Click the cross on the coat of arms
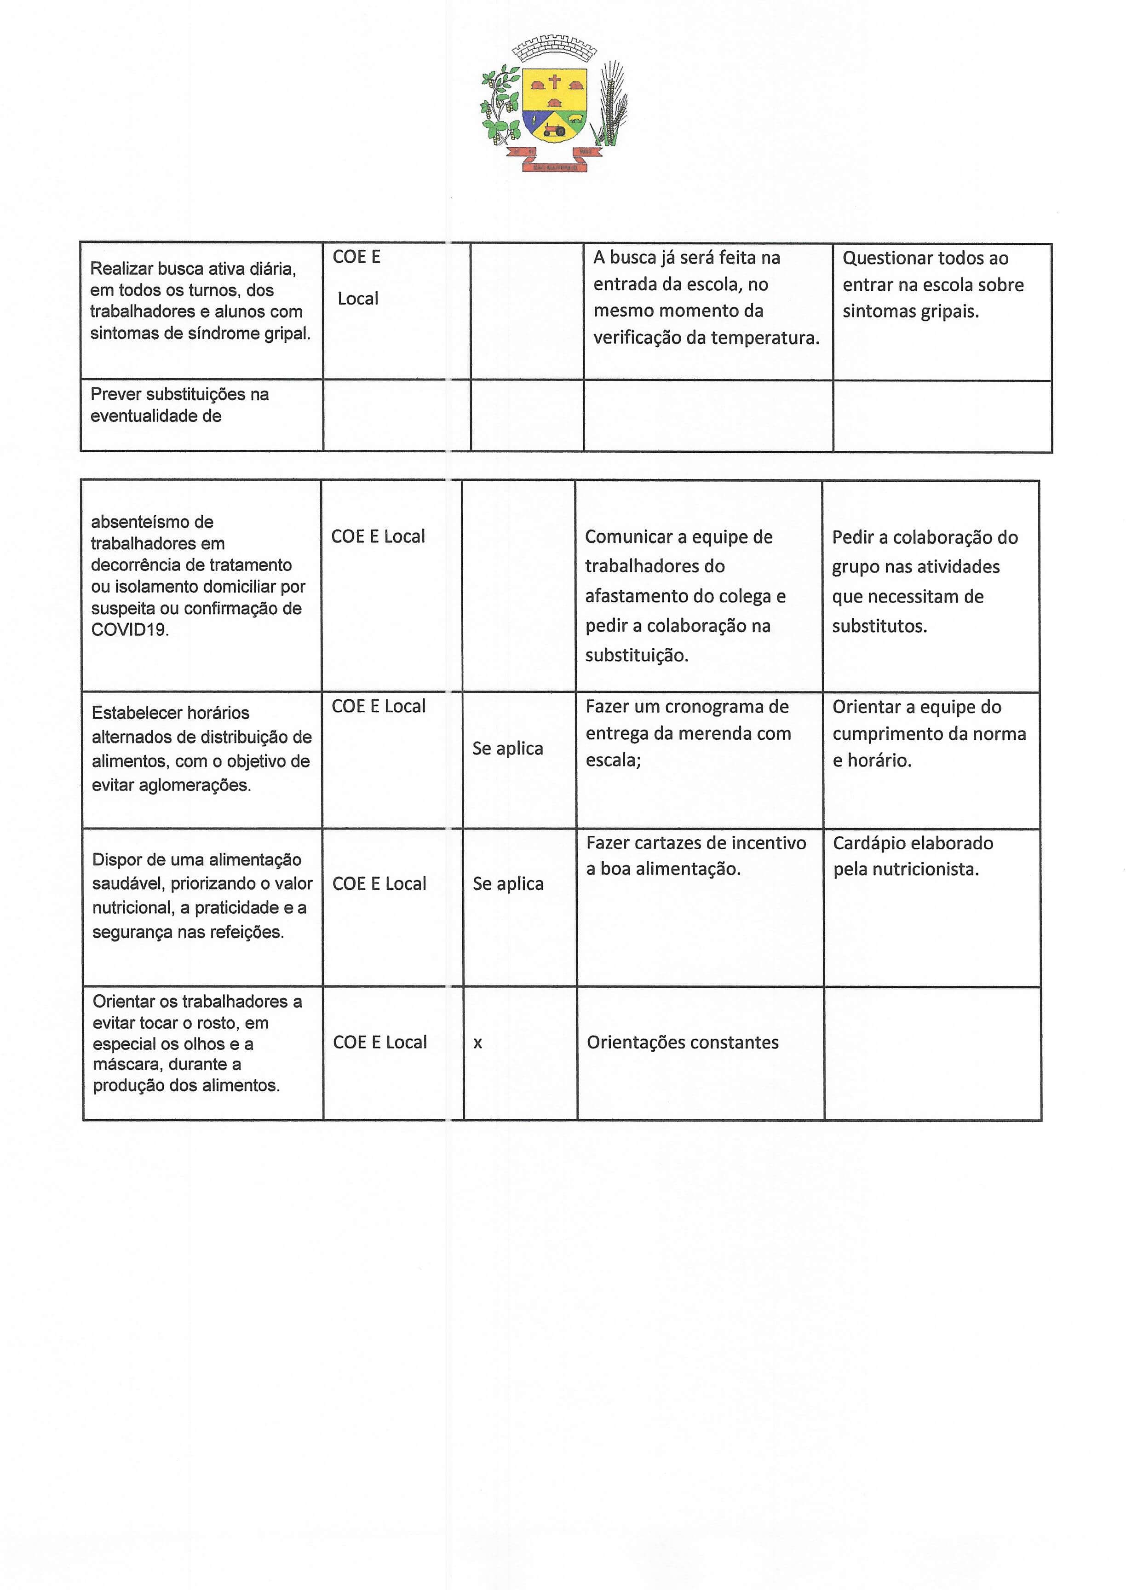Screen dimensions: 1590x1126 click(555, 82)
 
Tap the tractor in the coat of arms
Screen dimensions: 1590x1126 click(555, 129)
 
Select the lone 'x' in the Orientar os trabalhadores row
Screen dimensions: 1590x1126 click(478, 1043)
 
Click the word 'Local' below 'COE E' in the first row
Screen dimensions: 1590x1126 click(358, 299)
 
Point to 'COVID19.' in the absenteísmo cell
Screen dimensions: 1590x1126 click(130, 630)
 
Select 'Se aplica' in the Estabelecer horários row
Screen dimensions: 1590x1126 click(507, 749)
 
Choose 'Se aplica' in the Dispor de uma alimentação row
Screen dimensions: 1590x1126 click(508, 884)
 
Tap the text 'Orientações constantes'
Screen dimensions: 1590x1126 click(683, 1043)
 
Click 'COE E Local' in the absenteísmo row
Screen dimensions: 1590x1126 click(378, 537)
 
